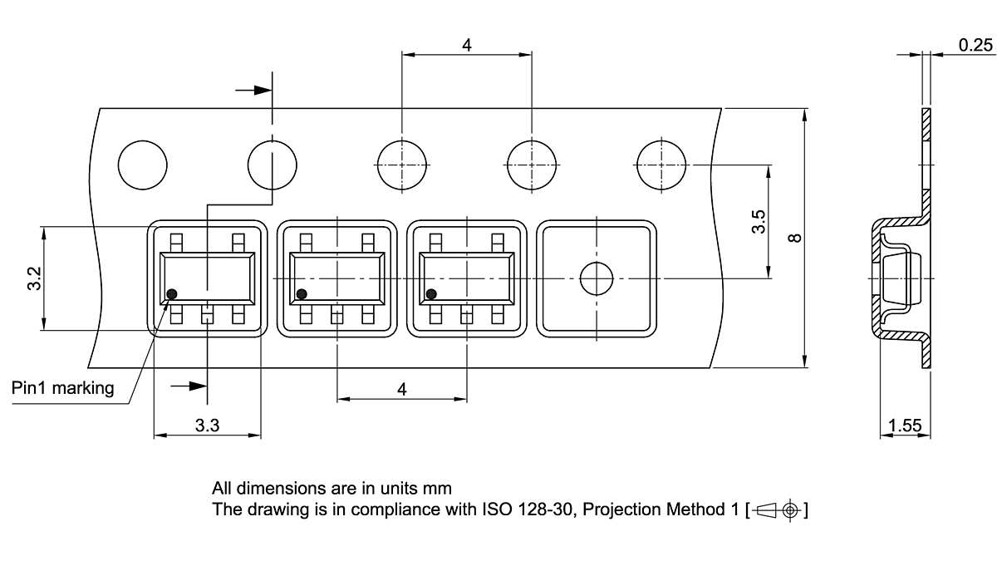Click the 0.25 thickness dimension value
tap(975, 45)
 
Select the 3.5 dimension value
tap(758, 222)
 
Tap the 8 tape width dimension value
tap(795, 238)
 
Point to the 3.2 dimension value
tap(34, 278)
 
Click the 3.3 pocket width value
tap(207, 426)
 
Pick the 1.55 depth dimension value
tap(905, 426)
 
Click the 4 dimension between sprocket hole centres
tap(467, 45)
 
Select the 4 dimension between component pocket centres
tap(402, 389)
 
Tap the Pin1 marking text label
tap(63, 388)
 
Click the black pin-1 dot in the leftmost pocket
tap(173, 293)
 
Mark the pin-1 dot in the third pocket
tap(431, 293)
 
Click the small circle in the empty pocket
tap(596, 278)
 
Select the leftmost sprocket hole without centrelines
tap(143, 165)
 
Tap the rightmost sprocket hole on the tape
tap(661, 165)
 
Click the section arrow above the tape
tap(254, 90)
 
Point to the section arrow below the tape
tap(188, 385)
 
